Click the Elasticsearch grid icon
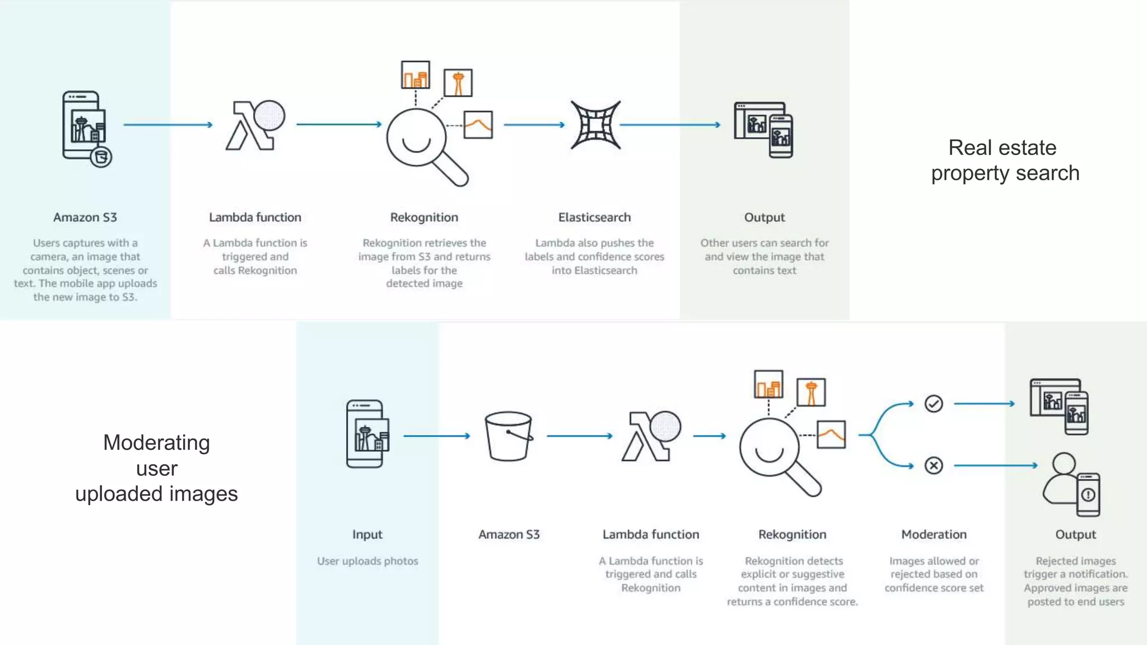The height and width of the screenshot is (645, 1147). (x=595, y=125)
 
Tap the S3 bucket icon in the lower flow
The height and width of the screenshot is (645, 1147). (x=509, y=436)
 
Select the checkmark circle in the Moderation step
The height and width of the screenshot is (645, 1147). (x=934, y=404)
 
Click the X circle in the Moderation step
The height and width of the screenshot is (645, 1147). (x=934, y=465)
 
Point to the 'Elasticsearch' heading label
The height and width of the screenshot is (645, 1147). (x=594, y=217)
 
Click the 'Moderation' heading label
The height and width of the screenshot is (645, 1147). (x=934, y=534)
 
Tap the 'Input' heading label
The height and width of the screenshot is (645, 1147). (x=367, y=534)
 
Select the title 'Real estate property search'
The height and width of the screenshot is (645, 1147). (x=1005, y=160)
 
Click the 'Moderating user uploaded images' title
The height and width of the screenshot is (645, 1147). (x=156, y=468)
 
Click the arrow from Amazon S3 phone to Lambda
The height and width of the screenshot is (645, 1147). (x=168, y=124)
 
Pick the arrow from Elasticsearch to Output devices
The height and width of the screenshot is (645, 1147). (x=670, y=124)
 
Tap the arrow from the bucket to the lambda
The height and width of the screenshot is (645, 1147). (x=579, y=436)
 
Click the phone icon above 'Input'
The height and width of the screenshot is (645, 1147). (x=367, y=434)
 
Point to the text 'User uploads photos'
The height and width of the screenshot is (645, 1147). (x=367, y=561)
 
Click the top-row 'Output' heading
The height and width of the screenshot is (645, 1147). (x=764, y=217)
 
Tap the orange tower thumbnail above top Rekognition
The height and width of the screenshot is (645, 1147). (x=458, y=83)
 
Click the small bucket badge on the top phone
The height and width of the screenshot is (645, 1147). (x=101, y=157)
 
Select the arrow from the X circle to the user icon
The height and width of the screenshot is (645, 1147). (x=995, y=465)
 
